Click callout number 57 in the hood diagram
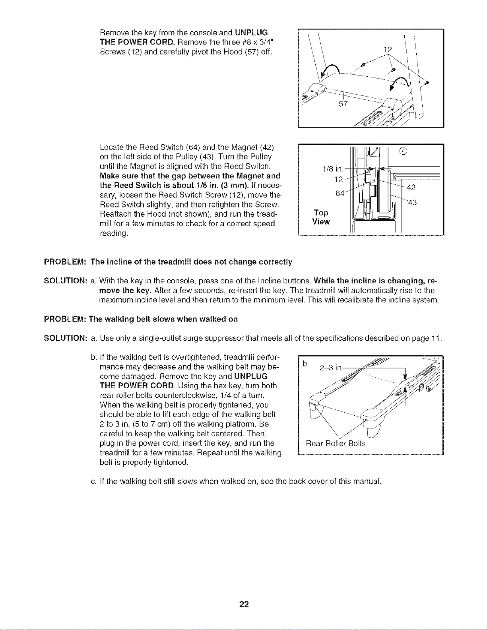pos(343,104)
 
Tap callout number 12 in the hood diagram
pos(388,50)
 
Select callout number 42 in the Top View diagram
pos(411,188)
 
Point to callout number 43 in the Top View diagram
pos(412,203)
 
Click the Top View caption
pos(321,217)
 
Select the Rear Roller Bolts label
pos(336,444)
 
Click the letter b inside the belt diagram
pos(305,363)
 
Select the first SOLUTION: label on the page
pos(66,281)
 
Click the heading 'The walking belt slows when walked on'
pos(163,319)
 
